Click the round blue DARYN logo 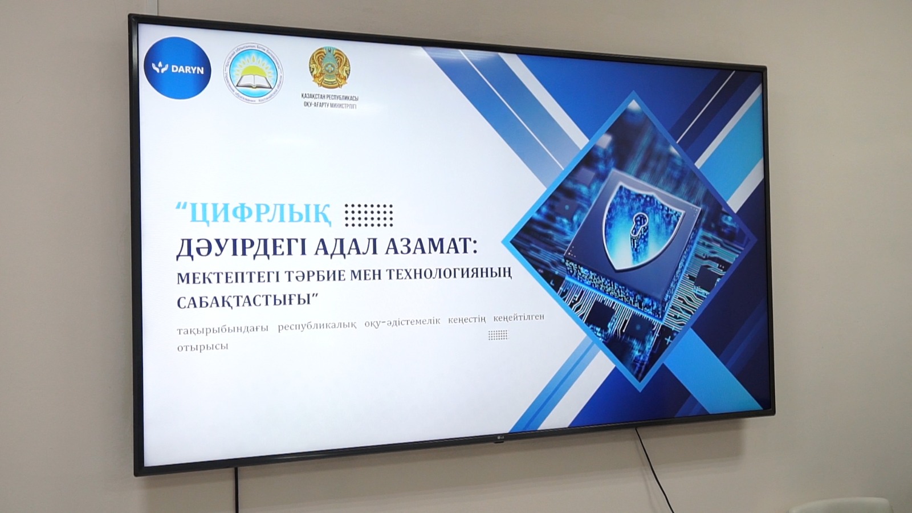[x=177, y=68]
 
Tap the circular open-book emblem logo [x=253, y=74]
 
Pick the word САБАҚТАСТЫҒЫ [x=247, y=300]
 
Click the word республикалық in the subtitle [x=317, y=325]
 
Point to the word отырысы [x=202, y=347]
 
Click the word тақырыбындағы [x=222, y=329]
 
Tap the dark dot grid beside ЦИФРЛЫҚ [x=369, y=215]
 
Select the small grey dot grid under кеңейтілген [x=498, y=335]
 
